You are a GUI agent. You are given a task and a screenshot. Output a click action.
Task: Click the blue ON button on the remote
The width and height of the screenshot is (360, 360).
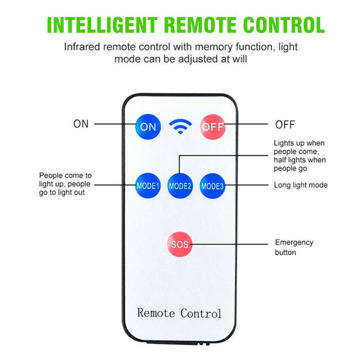148,127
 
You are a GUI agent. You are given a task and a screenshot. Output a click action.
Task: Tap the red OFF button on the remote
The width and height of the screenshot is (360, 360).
212,127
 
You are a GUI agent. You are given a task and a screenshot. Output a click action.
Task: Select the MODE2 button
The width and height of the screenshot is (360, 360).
180,186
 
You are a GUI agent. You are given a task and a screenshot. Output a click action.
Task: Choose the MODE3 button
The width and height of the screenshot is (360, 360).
212,186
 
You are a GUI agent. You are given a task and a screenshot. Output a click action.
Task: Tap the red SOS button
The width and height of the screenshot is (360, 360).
180,244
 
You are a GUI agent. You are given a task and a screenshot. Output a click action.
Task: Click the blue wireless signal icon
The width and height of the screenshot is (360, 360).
181,127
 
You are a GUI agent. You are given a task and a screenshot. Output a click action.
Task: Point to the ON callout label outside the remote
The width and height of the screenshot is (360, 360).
81,124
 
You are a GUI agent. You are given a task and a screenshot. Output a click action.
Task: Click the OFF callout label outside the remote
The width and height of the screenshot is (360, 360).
285,124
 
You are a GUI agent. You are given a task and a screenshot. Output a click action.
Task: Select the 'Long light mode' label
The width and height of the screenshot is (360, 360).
301,185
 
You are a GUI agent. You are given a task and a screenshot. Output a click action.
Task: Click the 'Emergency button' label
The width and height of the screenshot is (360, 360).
294,247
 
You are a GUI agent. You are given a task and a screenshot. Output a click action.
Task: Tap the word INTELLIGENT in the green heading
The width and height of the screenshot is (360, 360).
102,25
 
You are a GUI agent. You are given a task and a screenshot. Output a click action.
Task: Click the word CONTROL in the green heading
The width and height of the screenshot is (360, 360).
284,25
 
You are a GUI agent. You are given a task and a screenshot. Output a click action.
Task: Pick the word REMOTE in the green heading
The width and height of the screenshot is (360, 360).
200,25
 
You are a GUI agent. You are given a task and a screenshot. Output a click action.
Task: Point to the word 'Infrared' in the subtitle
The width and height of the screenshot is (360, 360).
82,47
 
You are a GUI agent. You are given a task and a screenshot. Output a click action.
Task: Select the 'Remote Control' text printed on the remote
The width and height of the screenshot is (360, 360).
179,313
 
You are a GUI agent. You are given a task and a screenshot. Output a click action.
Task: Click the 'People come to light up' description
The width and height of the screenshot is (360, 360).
65,184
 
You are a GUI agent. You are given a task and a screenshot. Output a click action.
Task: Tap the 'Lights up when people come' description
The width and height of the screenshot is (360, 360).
300,156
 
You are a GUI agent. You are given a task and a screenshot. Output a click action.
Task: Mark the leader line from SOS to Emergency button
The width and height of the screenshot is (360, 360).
229,244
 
